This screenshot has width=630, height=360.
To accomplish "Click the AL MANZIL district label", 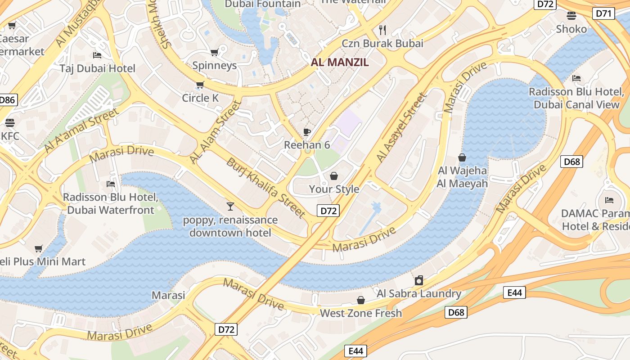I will pyautogui.click(x=340, y=63).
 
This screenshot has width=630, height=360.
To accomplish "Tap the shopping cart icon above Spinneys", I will pyautogui.click(x=215, y=53).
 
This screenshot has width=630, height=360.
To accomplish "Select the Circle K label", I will pyautogui.click(x=202, y=98).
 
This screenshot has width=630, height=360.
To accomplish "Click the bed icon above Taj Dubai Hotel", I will pyautogui.click(x=97, y=55).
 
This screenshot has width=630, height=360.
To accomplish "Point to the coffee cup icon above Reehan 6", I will pyautogui.click(x=307, y=132).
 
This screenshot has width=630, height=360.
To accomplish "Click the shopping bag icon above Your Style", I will pyautogui.click(x=334, y=175).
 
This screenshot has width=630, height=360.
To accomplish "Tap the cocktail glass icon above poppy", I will pyautogui.click(x=230, y=207).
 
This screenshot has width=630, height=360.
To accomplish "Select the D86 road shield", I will pyautogui.click(x=7, y=100).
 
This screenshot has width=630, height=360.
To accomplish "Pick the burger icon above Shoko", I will pyautogui.click(x=571, y=16).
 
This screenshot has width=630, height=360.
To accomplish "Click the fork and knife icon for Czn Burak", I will pyautogui.click(x=383, y=30).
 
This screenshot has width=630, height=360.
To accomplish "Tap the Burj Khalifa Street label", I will pyautogui.click(x=266, y=188).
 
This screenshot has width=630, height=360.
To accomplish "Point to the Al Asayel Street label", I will pyautogui.click(x=401, y=127).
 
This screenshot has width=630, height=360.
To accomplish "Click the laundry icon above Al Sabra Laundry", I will pyautogui.click(x=419, y=280).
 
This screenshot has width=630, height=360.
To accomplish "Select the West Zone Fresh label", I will pyautogui.click(x=360, y=313).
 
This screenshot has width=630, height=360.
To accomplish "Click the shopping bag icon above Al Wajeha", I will pyautogui.click(x=462, y=157).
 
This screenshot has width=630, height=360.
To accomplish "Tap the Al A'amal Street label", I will pyautogui.click(x=81, y=130).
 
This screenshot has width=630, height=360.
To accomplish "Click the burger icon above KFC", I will pyautogui.click(x=10, y=122).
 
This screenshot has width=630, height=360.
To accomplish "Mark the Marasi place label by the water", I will pyautogui.click(x=168, y=295).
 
